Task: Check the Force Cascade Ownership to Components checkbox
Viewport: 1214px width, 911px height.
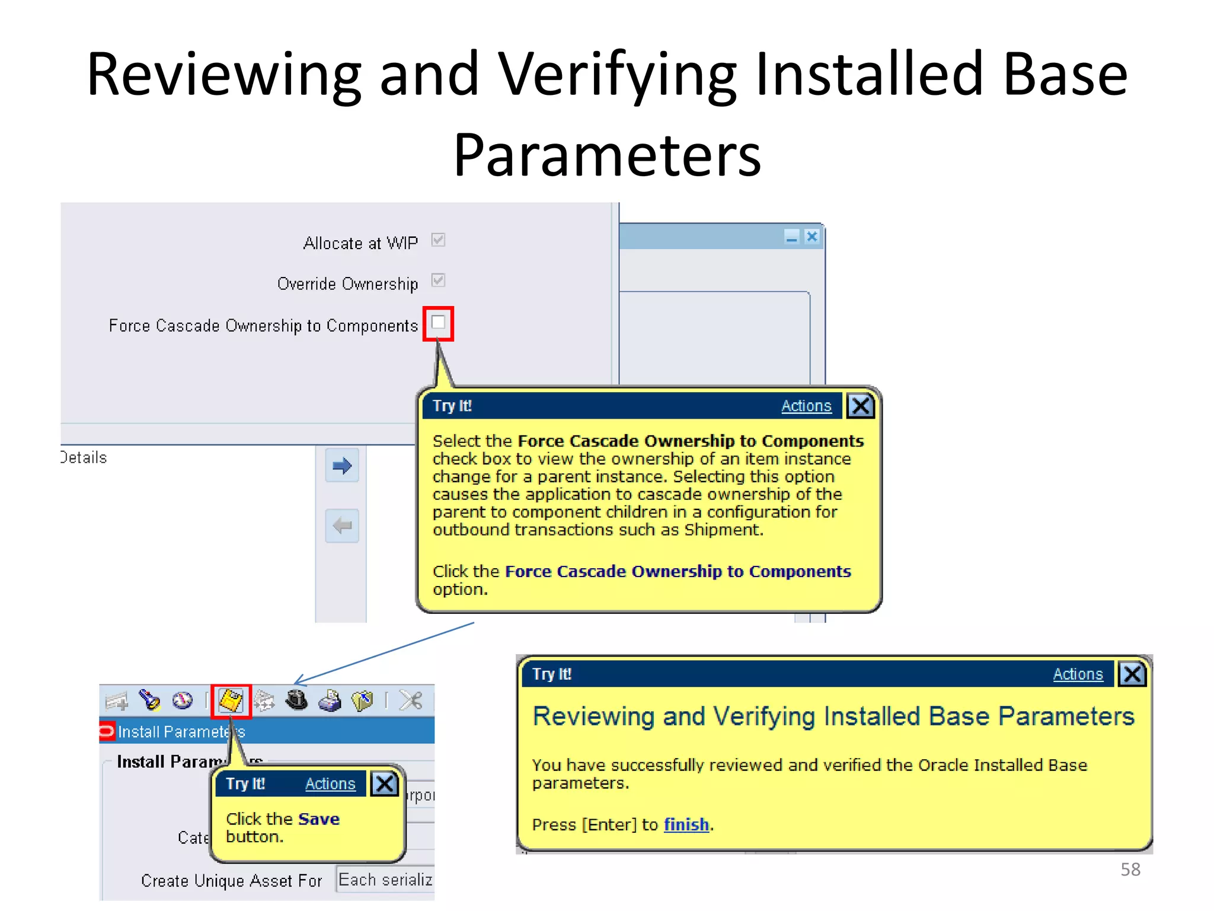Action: point(438,323)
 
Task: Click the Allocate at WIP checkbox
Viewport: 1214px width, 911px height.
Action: point(438,240)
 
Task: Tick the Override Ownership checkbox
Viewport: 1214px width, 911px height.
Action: point(438,281)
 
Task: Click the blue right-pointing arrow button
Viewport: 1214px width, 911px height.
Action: point(342,466)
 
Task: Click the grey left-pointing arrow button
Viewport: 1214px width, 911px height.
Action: point(342,525)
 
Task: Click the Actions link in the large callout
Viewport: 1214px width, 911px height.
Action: point(806,406)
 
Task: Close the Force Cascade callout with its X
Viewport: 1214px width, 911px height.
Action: point(860,406)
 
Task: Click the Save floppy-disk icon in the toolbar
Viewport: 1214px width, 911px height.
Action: point(231,700)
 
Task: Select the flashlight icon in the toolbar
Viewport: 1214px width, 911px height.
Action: point(149,700)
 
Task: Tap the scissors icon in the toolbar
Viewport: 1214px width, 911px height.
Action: point(411,700)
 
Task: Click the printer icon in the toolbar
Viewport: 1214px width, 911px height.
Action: point(330,701)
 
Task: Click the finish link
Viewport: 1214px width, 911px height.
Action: point(686,824)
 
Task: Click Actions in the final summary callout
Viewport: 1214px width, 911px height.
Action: point(1077,674)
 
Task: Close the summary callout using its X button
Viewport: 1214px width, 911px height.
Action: point(1132,674)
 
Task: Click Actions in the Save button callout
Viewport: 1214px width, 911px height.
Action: point(330,784)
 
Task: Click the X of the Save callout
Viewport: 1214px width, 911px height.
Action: point(384,784)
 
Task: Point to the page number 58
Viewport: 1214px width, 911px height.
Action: point(1130,869)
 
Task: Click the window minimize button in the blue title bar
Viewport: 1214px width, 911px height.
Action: point(791,237)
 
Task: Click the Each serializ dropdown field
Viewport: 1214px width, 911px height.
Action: point(385,880)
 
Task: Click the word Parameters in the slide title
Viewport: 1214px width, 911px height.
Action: point(607,155)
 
